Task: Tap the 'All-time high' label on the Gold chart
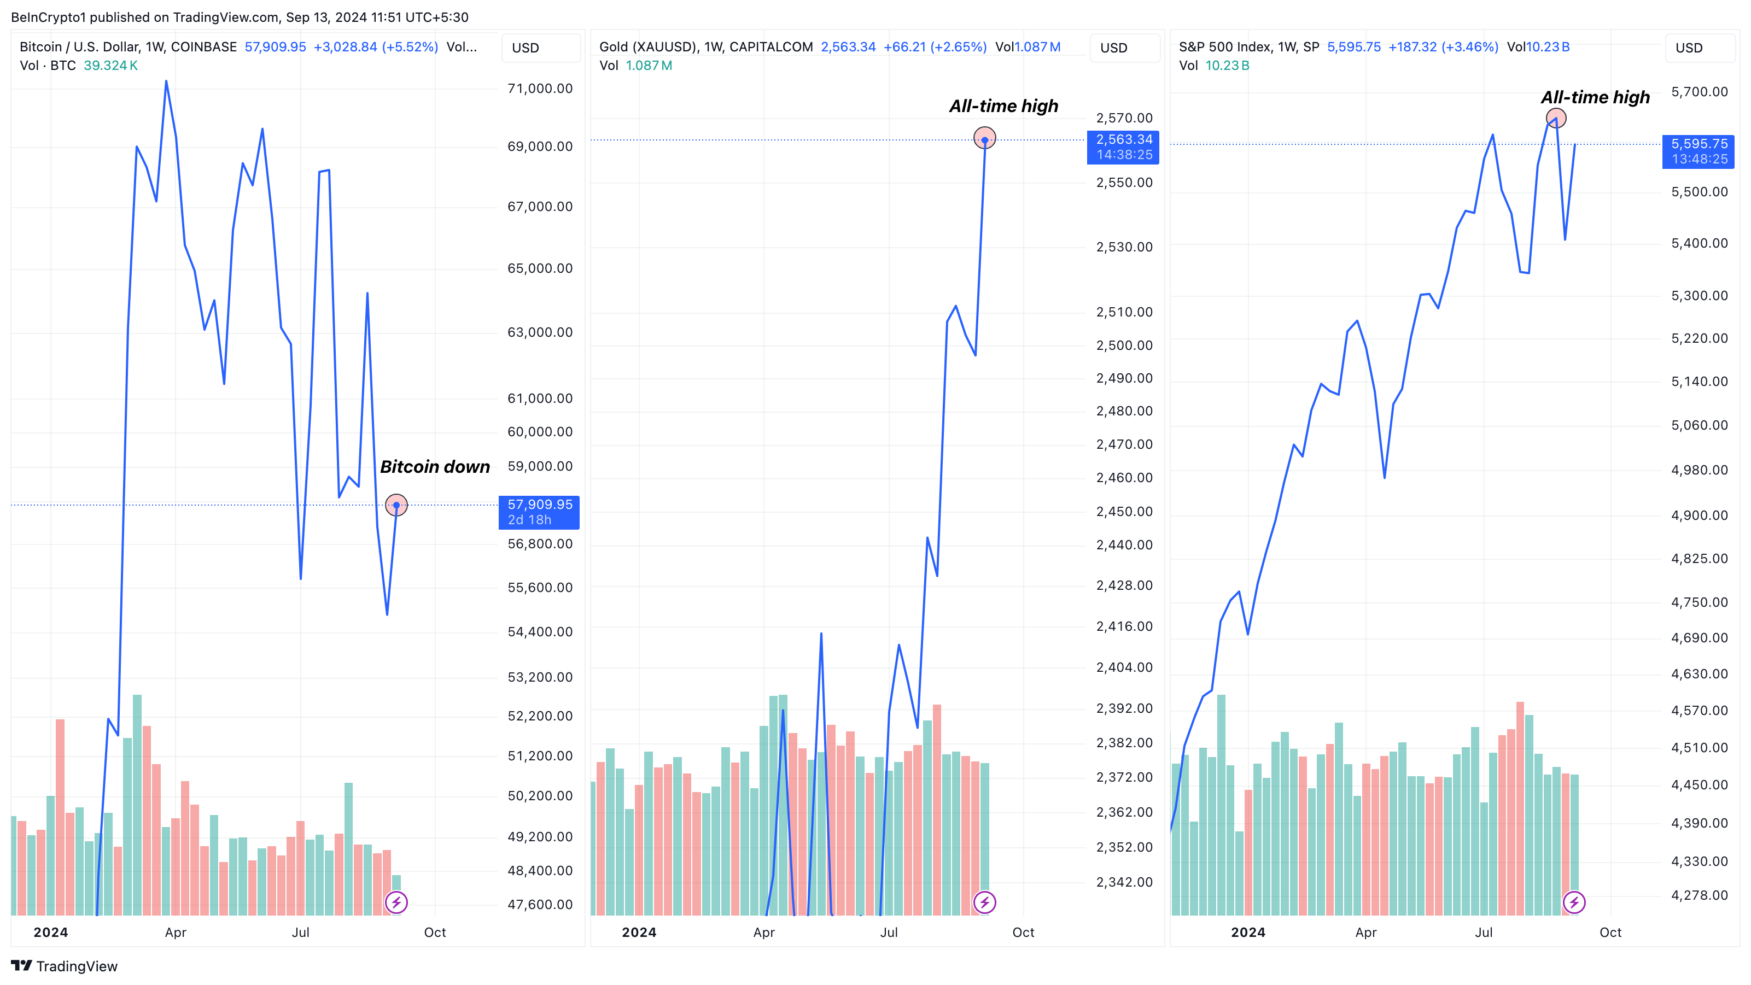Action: point(1003,106)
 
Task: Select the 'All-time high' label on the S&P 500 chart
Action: point(1595,97)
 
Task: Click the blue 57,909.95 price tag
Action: point(539,512)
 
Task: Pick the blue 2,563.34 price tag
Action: point(1124,146)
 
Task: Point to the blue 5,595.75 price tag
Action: point(1698,151)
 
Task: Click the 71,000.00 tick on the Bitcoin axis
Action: point(540,89)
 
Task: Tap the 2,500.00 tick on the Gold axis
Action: point(1124,345)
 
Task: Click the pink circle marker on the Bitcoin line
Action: point(396,505)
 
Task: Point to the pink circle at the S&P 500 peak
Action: point(1556,119)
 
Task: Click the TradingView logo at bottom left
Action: point(65,966)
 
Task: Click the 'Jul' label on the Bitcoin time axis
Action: point(300,932)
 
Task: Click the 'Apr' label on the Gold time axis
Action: point(763,932)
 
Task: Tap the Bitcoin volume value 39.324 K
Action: point(111,65)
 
